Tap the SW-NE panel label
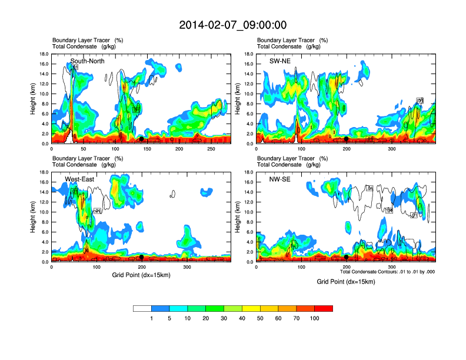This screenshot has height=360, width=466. click(x=280, y=61)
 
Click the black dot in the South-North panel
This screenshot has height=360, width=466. click(x=141, y=139)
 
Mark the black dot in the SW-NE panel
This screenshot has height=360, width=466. click(x=347, y=139)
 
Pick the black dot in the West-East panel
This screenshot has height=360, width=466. click(x=141, y=257)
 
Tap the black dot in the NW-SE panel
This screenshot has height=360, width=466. click(x=347, y=257)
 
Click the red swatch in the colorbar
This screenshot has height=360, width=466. click(x=324, y=308)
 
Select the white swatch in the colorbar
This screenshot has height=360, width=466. click(x=142, y=308)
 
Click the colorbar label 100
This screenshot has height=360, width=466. click(x=315, y=318)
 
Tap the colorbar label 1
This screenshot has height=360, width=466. click(x=152, y=318)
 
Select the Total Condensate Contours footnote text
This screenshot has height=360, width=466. click(x=387, y=272)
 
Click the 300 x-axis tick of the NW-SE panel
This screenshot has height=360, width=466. click(x=391, y=267)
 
